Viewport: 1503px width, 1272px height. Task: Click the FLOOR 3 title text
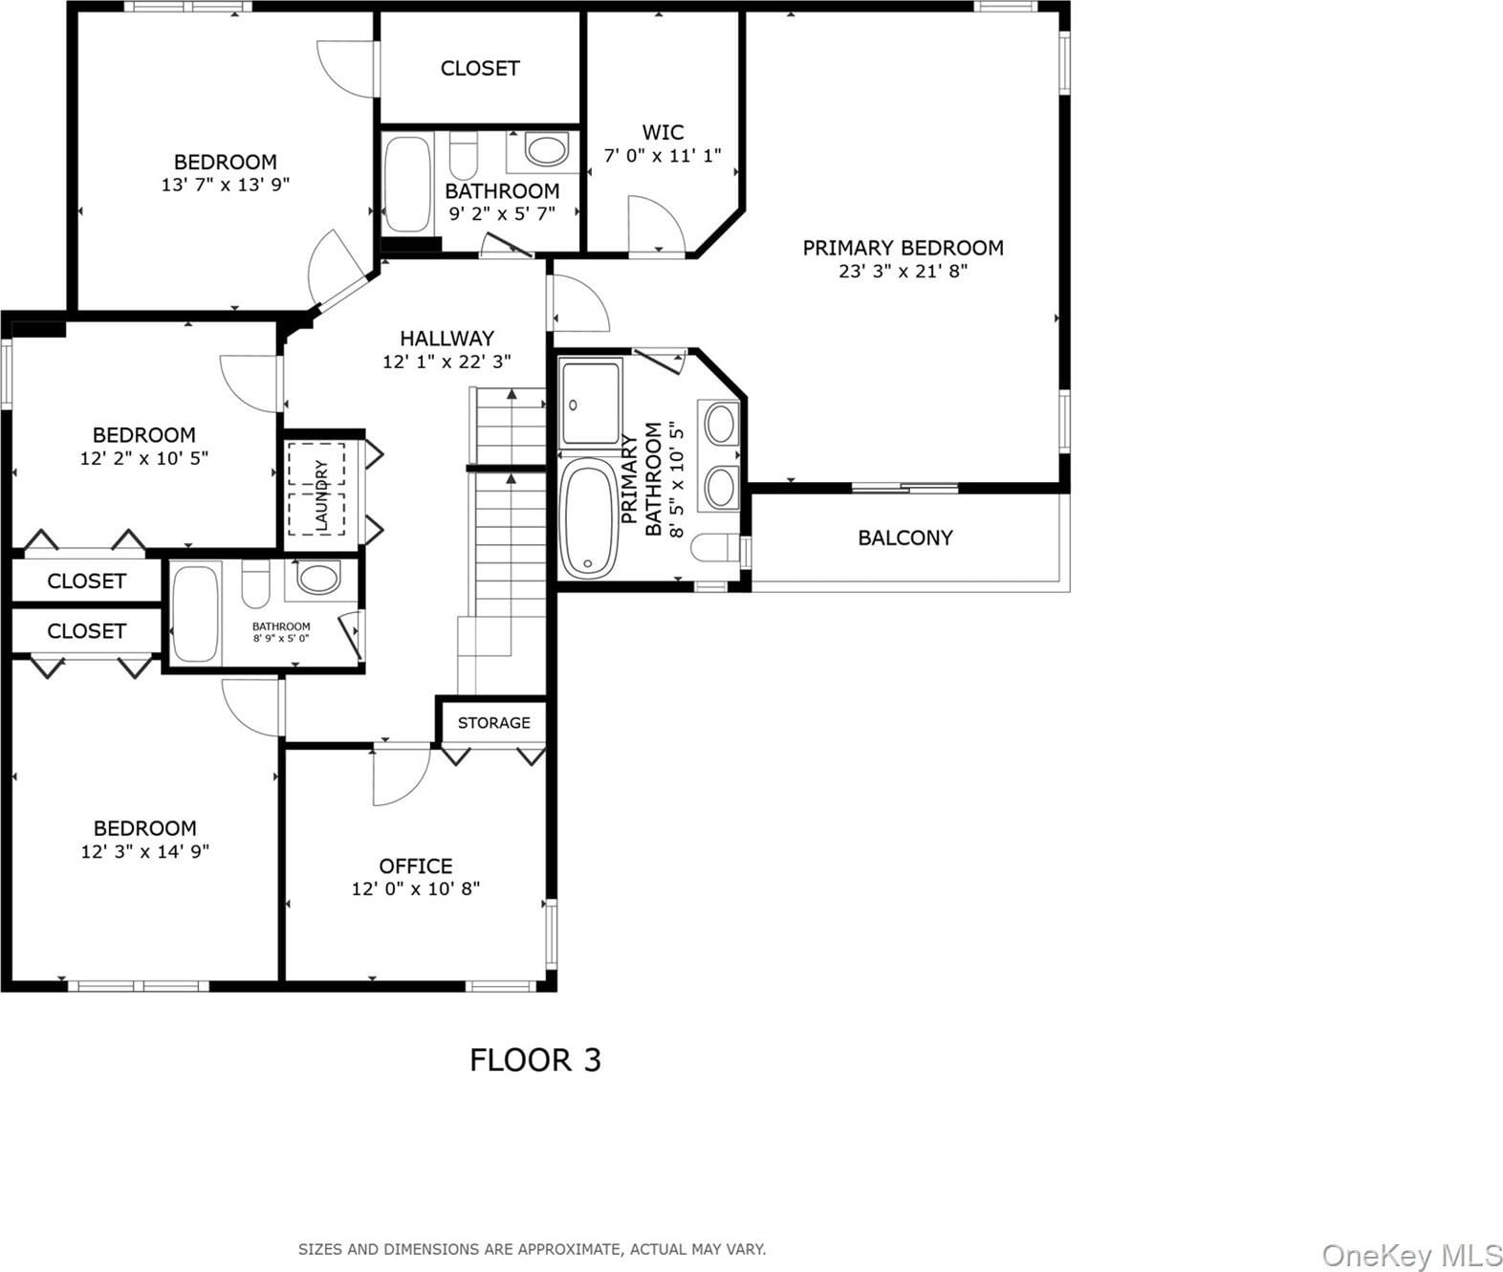535,1061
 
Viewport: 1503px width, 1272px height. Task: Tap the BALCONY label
905,537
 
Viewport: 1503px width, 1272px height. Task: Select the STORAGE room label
493,722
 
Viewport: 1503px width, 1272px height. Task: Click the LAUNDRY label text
320,494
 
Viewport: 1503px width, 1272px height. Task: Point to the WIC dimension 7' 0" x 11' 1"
663,155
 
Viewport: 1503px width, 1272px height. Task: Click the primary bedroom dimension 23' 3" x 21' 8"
904,271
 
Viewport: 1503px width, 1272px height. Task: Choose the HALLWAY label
447,339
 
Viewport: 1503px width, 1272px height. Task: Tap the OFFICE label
416,866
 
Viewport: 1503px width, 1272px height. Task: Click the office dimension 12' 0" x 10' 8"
416,888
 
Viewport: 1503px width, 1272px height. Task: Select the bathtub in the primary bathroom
589,517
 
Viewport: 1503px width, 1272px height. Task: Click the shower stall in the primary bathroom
590,403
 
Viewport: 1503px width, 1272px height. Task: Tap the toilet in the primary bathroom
717,548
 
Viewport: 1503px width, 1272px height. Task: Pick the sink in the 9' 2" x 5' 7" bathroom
547,150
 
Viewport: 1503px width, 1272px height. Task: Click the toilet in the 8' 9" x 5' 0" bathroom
255,583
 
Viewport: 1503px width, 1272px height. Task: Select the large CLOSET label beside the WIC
480,68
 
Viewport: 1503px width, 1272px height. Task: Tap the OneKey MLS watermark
1411,1256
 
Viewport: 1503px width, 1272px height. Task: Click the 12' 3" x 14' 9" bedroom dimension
144,850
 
